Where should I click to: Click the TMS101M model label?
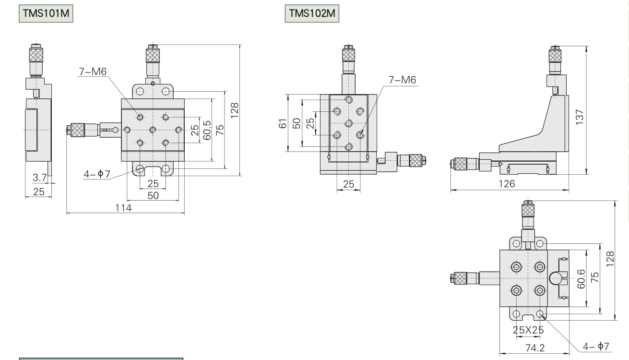click(x=46, y=13)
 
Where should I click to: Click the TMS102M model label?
click(x=312, y=13)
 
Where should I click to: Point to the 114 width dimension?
click(x=123, y=208)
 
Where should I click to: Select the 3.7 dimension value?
click(x=40, y=177)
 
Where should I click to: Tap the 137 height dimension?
click(x=579, y=117)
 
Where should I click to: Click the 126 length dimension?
click(x=507, y=184)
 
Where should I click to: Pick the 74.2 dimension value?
click(x=535, y=348)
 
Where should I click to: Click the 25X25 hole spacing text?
click(x=528, y=330)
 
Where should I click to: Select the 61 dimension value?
click(x=283, y=123)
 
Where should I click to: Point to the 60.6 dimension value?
click(x=581, y=279)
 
